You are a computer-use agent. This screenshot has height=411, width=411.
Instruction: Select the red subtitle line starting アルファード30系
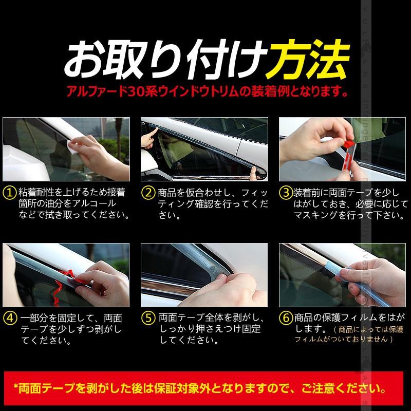[x=206, y=93]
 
